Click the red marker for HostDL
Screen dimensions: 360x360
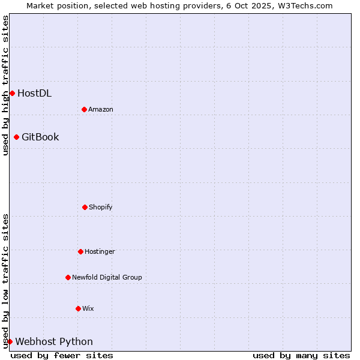coord(12,93)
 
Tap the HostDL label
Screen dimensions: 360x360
coord(34,93)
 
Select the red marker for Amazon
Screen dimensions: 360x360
coord(84,109)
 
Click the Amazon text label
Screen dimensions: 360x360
coord(101,109)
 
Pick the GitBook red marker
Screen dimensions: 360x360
coord(16,137)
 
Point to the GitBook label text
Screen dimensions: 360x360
coord(40,137)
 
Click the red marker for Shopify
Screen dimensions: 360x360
coord(85,207)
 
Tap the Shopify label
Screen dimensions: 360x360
coord(101,207)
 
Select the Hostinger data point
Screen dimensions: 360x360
coord(80,251)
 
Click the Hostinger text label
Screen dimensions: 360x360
coord(100,251)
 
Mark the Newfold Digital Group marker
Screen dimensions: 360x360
coord(68,277)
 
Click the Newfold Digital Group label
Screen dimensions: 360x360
coord(107,277)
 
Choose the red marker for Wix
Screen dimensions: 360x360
coord(78,308)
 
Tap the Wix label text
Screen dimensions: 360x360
coord(88,308)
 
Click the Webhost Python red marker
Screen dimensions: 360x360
coord(10,341)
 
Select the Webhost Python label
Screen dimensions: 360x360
coord(54,341)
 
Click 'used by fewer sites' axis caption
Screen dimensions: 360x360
coord(62,355)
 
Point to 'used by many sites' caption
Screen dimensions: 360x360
coord(301,355)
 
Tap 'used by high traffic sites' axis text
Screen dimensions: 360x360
coord(5,85)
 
